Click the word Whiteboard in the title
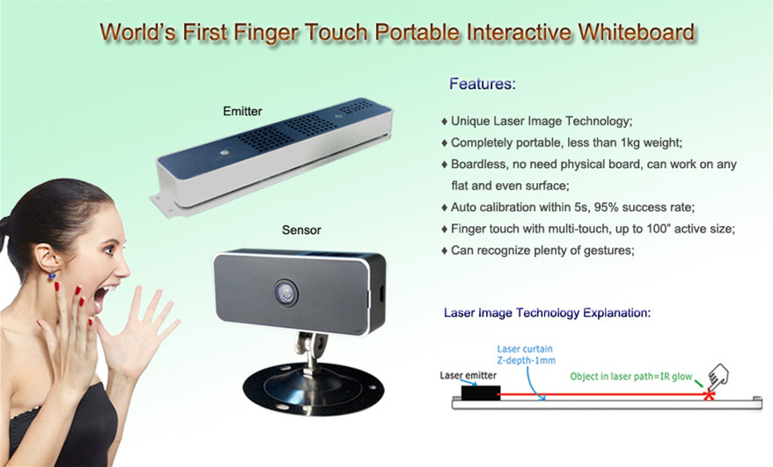[x=637, y=33]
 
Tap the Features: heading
[x=482, y=84]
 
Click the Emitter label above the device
[x=242, y=112]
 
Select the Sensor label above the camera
[x=301, y=230]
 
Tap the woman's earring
[x=52, y=276]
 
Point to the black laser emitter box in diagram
[x=481, y=392]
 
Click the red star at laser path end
[x=709, y=394]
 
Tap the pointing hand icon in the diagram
[x=718, y=376]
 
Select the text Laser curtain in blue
[x=525, y=349]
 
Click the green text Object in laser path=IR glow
[x=631, y=376]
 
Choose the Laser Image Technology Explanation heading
[x=548, y=313]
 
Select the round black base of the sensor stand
[x=313, y=389]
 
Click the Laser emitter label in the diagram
[x=467, y=376]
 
